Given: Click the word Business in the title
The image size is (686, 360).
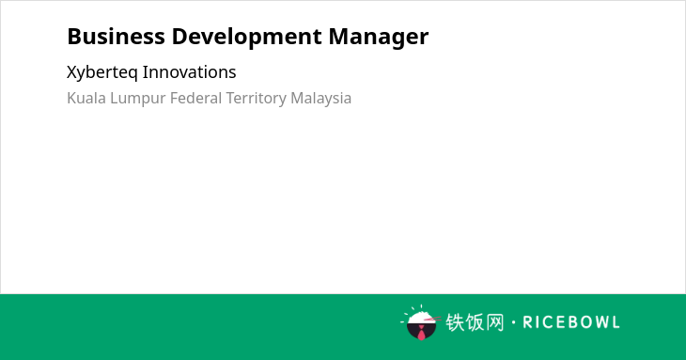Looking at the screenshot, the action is point(116,37).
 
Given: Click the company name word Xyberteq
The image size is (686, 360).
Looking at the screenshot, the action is point(102,72).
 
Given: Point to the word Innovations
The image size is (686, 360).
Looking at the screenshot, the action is point(190,72).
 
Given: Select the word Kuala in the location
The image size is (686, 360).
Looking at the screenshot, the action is point(86,98).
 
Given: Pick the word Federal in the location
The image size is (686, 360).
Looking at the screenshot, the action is point(196,98).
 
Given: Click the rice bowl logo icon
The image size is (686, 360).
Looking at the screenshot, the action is point(421,322).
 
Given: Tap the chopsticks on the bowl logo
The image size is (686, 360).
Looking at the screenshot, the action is point(432,319).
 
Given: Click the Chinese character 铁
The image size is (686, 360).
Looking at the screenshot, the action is point(455,322).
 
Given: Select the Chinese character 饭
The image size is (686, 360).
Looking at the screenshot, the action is point(475,322).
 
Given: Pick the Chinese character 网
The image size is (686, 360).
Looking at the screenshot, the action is point(494,322).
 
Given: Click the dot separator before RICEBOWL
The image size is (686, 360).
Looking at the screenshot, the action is point(514,322).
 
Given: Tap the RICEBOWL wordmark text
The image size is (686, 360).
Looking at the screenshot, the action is point(571,322).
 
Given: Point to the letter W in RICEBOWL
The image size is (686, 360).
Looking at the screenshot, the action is point(599,322).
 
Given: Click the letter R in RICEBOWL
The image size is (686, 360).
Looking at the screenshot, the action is point(527,322).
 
